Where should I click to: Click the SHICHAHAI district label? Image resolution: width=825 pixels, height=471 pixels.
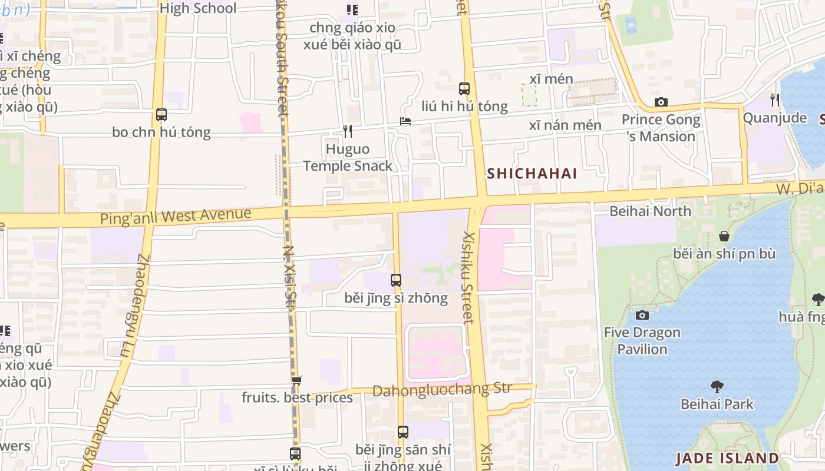click(x=532, y=174)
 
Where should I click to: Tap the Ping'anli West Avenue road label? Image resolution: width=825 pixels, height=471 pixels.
click(x=176, y=216)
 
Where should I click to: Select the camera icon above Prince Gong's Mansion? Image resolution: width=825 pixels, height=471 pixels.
click(x=661, y=102)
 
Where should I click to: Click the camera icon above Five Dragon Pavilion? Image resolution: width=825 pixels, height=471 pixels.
click(x=642, y=315)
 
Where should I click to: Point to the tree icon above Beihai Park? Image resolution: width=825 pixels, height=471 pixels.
click(x=717, y=387)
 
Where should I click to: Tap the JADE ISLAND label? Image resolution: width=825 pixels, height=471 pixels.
click(x=727, y=458)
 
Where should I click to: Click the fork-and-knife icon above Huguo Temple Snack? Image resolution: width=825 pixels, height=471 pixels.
click(x=348, y=131)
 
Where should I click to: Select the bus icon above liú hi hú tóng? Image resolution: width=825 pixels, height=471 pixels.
click(x=464, y=89)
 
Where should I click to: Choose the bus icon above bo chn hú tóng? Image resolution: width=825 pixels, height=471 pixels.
click(x=161, y=115)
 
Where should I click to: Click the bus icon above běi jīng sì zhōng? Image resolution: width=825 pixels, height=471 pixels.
click(x=396, y=280)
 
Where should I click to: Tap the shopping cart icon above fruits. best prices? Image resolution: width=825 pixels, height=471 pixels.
click(x=297, y=380)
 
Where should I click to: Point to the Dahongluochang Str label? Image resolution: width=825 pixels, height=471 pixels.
click(x=442, y=390)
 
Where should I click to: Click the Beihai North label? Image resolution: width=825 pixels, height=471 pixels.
click(x=651, y=211)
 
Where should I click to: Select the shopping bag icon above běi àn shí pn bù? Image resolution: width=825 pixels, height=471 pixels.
click(x=724, y=236)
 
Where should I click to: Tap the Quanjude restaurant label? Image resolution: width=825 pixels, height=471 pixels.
click(x=774, y=118)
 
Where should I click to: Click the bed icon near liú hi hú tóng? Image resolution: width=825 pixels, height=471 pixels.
click(x=405, y=121)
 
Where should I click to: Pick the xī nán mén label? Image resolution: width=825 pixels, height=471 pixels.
click(x=565, y=125)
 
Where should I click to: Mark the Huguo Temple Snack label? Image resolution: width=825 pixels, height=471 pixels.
click(x=348, y=157)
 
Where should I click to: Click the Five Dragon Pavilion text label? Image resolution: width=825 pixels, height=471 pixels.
click(x=642, y=340)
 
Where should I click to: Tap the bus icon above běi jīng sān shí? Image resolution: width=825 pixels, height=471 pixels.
click(x=403, y=432)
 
